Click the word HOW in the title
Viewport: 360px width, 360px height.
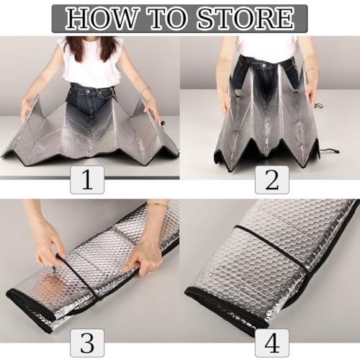point(100,19)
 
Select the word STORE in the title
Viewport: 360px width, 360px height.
point(246,19)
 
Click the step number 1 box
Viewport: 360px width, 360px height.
point(87,180)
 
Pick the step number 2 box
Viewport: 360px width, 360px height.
point(272,180)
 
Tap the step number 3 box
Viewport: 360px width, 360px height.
point(87,343)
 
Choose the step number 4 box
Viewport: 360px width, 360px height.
point(272,343)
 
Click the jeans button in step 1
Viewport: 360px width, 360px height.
point(88,91)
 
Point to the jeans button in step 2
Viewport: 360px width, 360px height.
point(264,65)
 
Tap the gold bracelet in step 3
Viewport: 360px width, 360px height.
point(157,204)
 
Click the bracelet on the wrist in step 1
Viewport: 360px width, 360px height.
point(145,90)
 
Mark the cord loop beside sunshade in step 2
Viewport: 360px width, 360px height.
point(330,151)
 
